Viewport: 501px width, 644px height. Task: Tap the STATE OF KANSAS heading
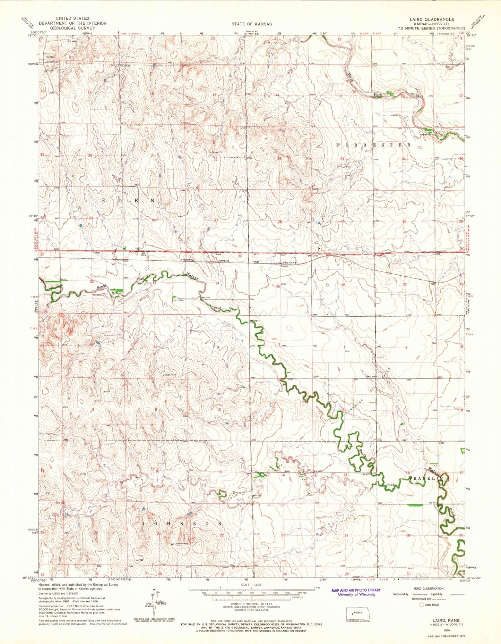[x=252, y=24]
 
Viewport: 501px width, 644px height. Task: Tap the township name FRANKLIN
[x=426, y=478]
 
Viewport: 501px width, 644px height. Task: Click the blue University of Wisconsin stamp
[x=356, y=592]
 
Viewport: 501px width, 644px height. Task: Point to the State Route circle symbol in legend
[x=422, y=605]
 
